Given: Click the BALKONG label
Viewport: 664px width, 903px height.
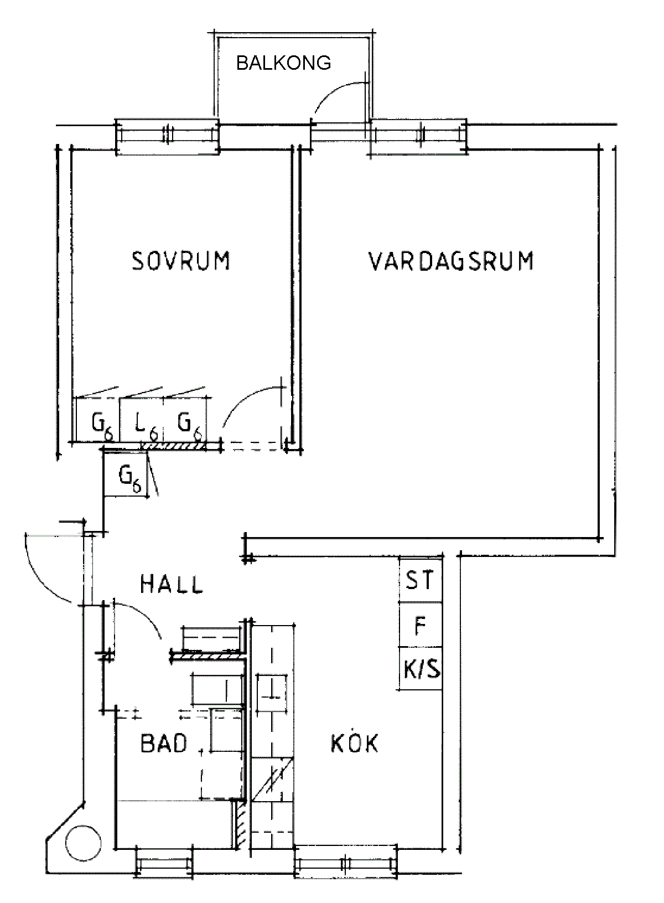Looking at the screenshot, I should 283,63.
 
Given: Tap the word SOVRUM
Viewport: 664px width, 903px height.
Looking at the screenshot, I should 181,261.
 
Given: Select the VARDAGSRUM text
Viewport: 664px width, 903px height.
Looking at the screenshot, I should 451,261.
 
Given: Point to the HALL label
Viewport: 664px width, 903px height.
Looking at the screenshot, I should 172,584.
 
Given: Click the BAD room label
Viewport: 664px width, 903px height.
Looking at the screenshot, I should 164,743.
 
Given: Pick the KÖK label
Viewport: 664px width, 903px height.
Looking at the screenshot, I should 355,744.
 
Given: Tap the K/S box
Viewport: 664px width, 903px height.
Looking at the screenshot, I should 421,669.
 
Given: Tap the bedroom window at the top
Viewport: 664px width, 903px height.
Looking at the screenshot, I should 168,135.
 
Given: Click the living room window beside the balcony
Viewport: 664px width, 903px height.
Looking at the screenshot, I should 418,135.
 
